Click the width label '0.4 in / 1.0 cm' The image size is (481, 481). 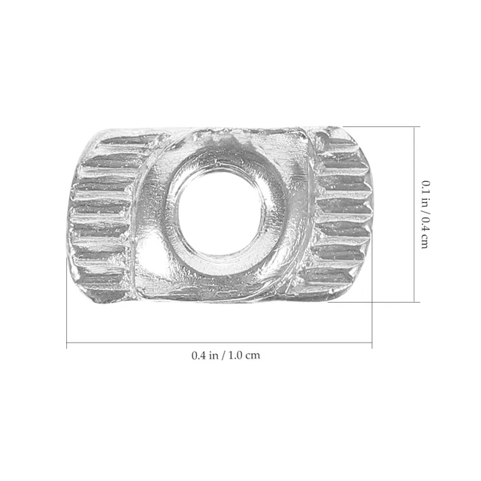pyautogui.click(x=225, y=355)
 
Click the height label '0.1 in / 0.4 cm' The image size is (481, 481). pyautogui.click(x=425, y=214)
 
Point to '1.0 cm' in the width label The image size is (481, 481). pyautogui.click(x=244, y=355)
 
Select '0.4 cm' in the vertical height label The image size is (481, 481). pyautogui.click(x=425, y=234)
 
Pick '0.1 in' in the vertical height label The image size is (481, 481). pyautogui.click(x=425, y=192)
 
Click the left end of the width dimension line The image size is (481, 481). pyautogui.click(x=67, y=343)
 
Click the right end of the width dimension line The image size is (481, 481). pyautogui.click(x=372, y=343)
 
